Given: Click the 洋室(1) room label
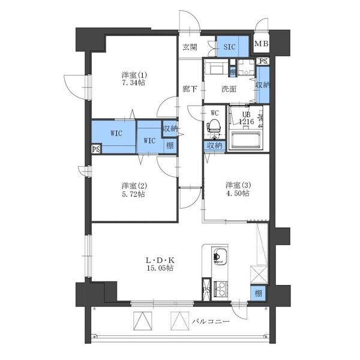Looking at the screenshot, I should pos(134,75).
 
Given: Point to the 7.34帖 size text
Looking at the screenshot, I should pos(134,83).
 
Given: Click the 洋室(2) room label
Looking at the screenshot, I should pos(134,185).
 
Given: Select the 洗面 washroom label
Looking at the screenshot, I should pos(228,89).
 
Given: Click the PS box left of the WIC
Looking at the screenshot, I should pos(95,149).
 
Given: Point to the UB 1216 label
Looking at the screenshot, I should pos(247,118).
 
